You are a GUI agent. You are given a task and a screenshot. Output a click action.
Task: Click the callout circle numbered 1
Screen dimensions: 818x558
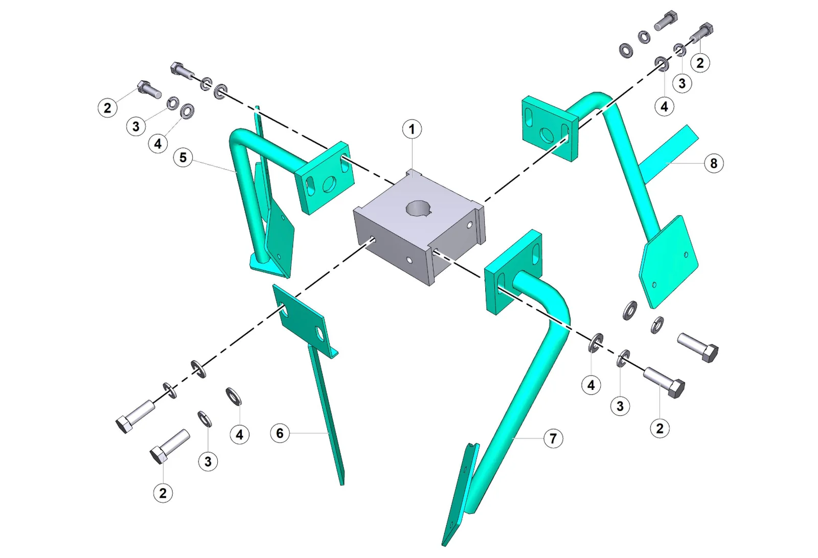[x=412, y=129]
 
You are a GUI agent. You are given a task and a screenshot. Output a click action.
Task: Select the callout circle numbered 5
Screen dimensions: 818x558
[x=183, y=158]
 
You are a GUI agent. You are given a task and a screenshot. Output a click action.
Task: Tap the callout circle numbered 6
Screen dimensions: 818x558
[x=280, y=433]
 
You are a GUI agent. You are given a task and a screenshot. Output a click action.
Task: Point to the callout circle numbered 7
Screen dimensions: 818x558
[x=553, y=438]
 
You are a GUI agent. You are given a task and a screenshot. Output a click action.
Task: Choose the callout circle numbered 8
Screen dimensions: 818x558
[x=714, y=163]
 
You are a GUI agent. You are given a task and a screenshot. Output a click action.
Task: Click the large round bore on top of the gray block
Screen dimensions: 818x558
[x=419, y=209]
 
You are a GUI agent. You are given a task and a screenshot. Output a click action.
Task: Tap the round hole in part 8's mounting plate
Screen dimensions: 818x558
[x=547, y=135]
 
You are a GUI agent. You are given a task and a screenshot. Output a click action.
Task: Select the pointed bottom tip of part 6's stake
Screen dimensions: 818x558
[x=342, y=484]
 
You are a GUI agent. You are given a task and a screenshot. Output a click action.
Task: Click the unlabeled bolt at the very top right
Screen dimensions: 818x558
[x=666, y=21]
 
